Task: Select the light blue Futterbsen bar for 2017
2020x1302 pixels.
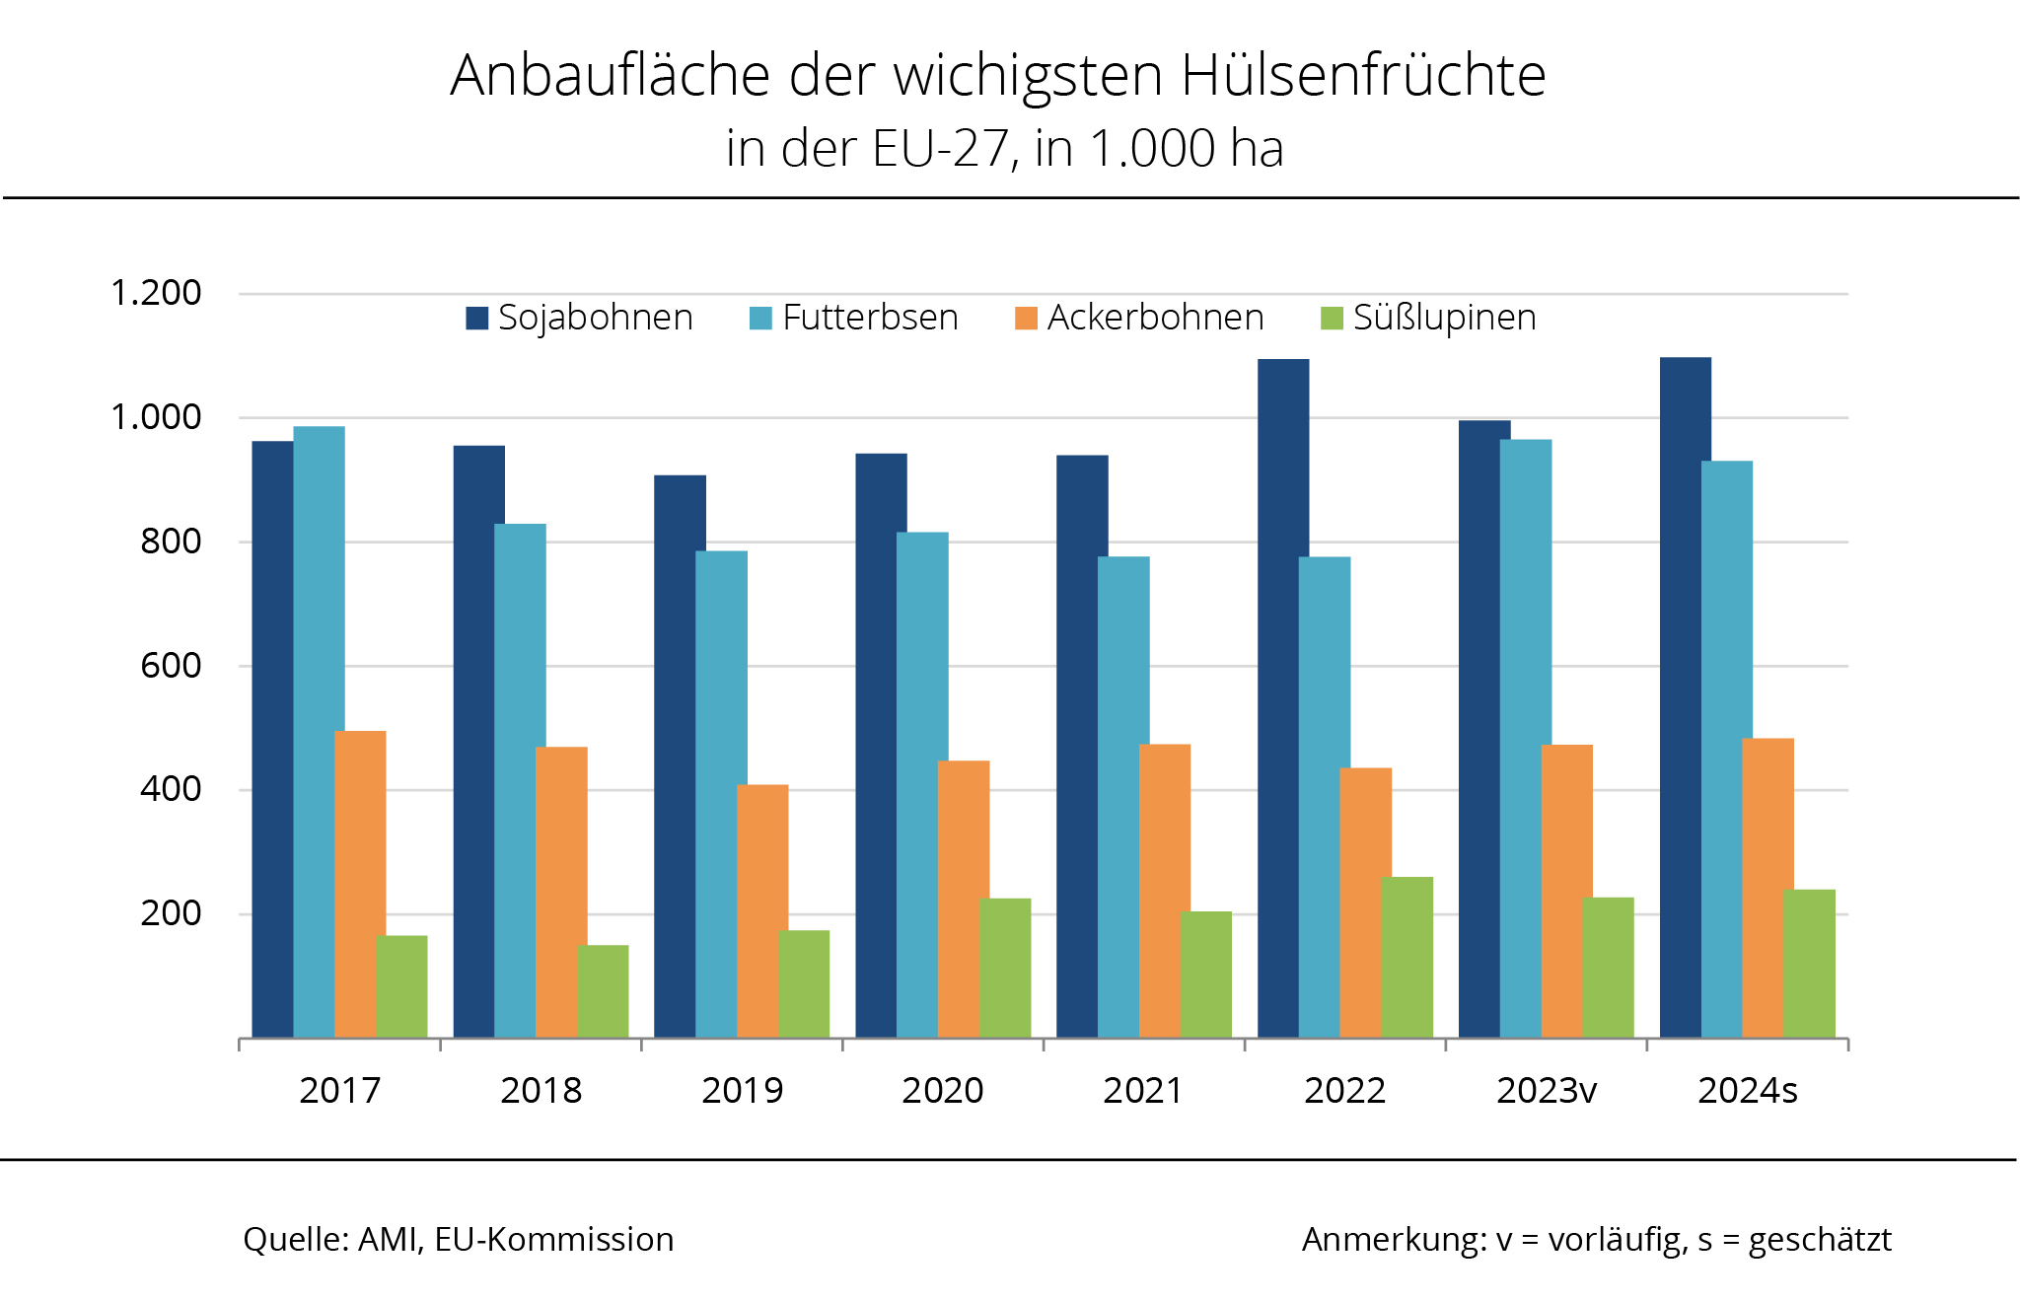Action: [x=319, y=730]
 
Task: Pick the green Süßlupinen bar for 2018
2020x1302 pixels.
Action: [x=603, y=990]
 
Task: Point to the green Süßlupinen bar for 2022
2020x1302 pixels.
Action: [x=1407, y=957]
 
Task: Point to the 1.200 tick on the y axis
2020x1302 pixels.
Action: [x=156, y=293]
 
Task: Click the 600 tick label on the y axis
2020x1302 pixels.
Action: [x=171, y=666]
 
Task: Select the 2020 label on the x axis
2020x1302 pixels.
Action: [x=942, y=1090]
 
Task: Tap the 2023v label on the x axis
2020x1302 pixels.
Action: [x=1546, y=1090]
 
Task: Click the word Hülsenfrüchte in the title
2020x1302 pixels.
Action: [x=1362, y=76]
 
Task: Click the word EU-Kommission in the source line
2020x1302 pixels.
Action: [x=553, y=1240]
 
